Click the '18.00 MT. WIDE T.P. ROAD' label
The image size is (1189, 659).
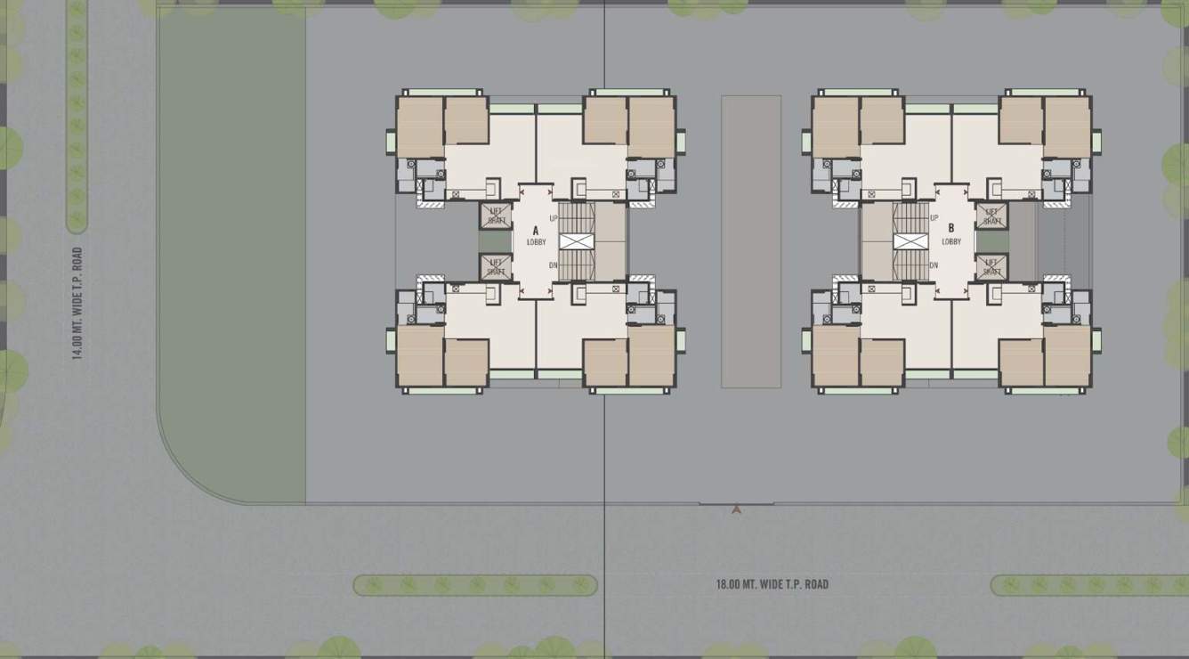click(x=772, y=585)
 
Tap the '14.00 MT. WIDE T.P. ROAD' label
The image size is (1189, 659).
click(x=77, y=303)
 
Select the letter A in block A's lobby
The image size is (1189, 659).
click(x=536, y=231)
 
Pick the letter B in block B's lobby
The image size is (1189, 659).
click(x=951, y=228)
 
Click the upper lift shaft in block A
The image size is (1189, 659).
click(x=497, y=216)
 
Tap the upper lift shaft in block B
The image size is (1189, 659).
click(x=991, y=216)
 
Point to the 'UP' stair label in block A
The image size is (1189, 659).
click(x=554, y=218)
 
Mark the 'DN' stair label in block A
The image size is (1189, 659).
click(x=554, y=265)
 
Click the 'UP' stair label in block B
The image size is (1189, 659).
click(x=934, y=218)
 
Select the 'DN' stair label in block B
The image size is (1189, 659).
click(x=934, y=265)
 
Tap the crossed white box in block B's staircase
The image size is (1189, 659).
click(x=910, y=241)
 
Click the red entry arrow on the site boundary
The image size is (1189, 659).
click(x=736, y=509)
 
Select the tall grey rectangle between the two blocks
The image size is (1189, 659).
click(x=751, y=241)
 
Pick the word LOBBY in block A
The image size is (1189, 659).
click(x=536, y=242)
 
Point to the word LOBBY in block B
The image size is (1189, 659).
click(x=951, y=241)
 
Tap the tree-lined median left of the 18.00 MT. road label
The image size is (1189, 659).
click(x=475, y=585)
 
